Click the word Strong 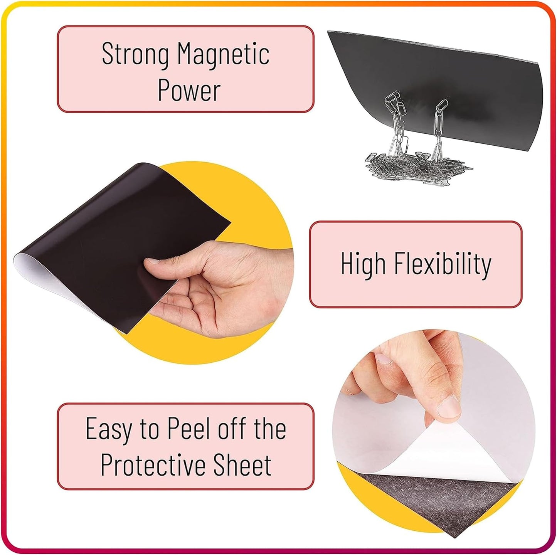[x=135, y=54]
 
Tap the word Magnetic [x=224, y=54]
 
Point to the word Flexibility [x=443, y=264]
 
